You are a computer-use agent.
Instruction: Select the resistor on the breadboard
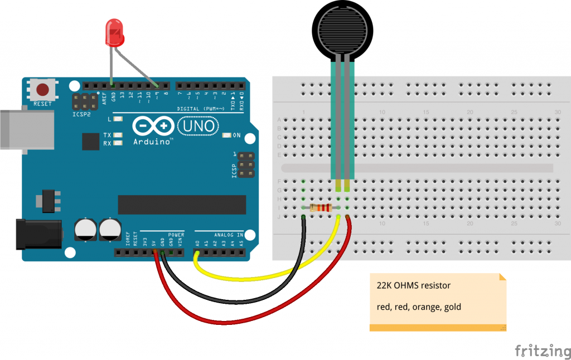[x=321, y=208]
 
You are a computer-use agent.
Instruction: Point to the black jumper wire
[x=234, y=302]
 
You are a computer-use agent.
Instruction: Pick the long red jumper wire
[x=234, y=322]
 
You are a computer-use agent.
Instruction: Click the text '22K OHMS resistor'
[x=414, y=286]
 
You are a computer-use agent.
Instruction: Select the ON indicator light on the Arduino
[x=226, y=135]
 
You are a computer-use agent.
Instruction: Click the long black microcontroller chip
[x=182, y=205]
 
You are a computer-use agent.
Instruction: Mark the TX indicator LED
[x=118, y=135]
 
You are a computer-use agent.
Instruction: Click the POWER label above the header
[x=176, y=235]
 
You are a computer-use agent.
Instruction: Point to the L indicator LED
[x=118, y=119]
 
